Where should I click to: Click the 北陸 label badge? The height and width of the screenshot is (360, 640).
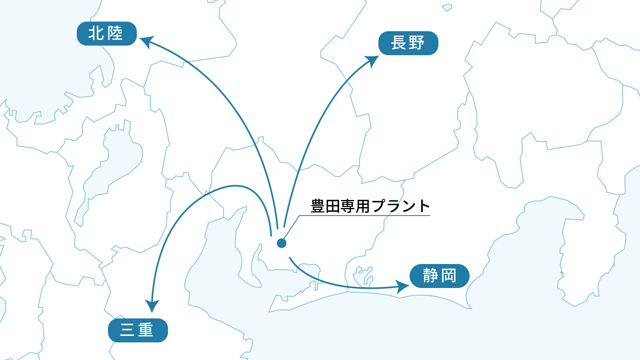(x=106, y=34)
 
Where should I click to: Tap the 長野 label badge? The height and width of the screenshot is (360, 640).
(x=408, y=43)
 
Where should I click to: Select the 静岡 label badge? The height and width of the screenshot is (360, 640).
(x=439, y=276)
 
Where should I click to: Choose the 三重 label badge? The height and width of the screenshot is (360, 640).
(x=138, y=330)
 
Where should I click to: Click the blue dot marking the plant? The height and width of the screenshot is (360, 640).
(x=282, y=243)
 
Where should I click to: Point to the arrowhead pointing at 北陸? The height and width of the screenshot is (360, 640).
(x=145, y=40)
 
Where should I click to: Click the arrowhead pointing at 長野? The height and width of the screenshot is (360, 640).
(x=374, y=60)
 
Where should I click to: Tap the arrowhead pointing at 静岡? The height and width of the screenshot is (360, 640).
(x=403, y=286)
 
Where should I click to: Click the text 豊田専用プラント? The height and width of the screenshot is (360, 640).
(x=370, y=206)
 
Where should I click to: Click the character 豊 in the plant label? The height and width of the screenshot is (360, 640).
(x=318, y=206)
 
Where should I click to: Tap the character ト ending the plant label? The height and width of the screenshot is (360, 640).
(x=424, y=206)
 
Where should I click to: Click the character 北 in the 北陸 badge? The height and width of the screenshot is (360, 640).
(x=96, y=33)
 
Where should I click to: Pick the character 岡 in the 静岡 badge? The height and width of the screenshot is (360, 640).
(x=449, y=276)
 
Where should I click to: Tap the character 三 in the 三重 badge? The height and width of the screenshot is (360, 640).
(x=127, y=330)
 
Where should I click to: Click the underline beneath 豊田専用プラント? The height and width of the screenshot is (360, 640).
(x=364, y=216)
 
